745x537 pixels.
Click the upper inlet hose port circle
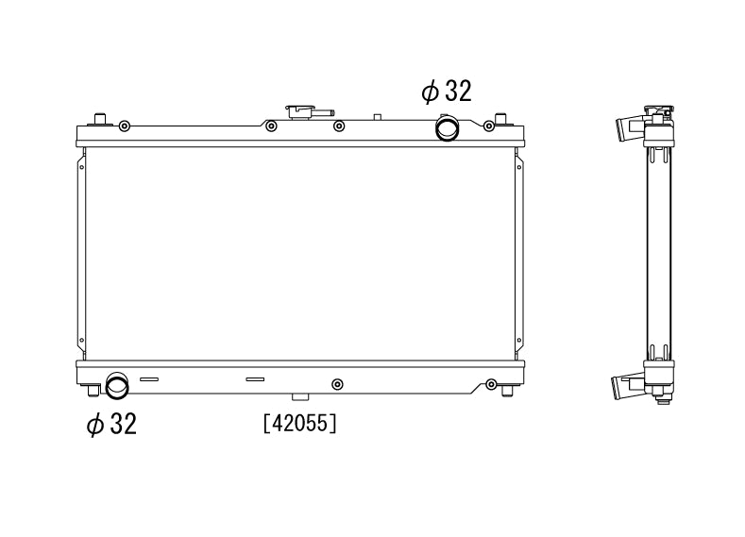pos(446,126)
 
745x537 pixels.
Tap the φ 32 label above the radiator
pos(446,92)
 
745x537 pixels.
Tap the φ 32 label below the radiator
pos(111,425)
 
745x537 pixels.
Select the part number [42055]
pos(299,425)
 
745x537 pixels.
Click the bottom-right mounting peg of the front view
pos(509,390)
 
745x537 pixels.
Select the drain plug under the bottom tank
pos(299,397)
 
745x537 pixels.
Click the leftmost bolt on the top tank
pos(125,126)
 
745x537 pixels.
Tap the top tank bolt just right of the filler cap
pos(339,126)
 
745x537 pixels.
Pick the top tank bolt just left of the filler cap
pos(271,126)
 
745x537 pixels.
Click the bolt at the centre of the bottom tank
pos(338,383)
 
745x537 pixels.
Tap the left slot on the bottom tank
pos(148,379)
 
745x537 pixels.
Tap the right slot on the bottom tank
pos(255,379)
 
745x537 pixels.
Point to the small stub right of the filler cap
pos(377,117)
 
